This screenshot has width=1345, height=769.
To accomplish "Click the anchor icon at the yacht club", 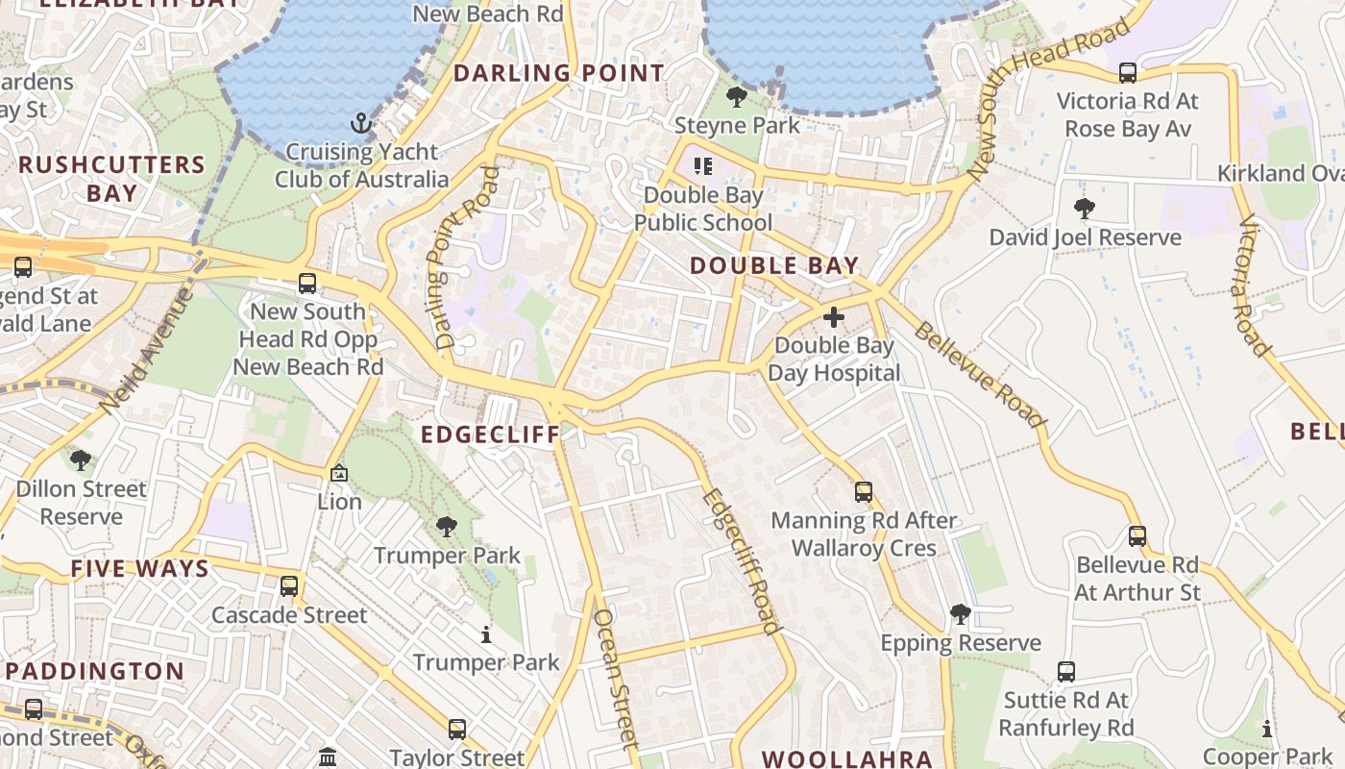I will click(361, 123).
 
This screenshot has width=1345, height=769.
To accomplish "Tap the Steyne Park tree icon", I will click(737, 97).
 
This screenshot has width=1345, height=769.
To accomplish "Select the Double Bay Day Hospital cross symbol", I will click(834, 316).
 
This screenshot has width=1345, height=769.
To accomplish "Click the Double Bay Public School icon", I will click(703, 166).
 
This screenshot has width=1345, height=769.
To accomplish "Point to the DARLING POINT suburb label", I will click(558, 73).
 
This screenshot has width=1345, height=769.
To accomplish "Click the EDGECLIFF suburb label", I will click(490, 434).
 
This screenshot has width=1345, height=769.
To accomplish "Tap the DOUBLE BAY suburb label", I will click(773, 266).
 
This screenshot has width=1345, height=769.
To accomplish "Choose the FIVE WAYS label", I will click(139, 569).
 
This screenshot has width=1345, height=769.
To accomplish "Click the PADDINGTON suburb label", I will click(94, 671).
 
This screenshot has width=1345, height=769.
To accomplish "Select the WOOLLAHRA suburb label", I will click(846, 759).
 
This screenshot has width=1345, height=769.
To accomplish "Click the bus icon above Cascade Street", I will click(289, 586).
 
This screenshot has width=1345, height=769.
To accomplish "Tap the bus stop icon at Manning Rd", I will click(864, 492).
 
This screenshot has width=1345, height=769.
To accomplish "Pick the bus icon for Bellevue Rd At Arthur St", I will click(1137, 536).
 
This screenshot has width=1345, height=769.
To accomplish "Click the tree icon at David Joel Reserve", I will click(1085, 209).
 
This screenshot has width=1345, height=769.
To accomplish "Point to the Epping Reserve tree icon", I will click(960, 614).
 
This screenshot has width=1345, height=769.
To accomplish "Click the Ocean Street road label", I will click(616, 679).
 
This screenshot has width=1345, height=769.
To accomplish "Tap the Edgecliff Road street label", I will click(740, 561).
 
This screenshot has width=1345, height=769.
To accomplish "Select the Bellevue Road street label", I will click(979, 375).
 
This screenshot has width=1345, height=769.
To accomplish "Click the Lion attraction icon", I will click(339, 473).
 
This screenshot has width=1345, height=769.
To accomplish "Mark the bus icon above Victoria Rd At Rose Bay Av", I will click(1128, 72).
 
